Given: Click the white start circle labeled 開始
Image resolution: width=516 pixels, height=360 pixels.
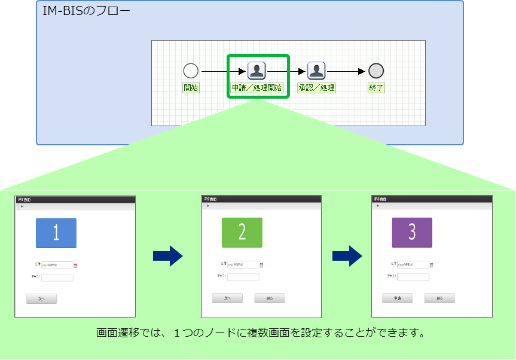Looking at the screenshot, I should pos(191,71).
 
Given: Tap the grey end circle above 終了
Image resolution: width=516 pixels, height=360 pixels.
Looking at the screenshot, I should pos(375,71).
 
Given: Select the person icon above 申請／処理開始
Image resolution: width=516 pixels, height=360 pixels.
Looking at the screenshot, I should pos(257,71).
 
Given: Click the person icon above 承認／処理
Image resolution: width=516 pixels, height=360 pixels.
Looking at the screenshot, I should pos(316,71).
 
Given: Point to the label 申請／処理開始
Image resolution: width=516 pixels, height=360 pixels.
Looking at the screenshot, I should pos(257,88).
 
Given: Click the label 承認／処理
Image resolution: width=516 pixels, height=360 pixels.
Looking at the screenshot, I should pos(316,88).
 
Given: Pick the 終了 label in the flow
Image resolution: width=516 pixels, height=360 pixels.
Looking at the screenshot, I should pos(376,88).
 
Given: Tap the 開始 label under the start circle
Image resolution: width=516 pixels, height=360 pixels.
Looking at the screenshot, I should pos(191,88).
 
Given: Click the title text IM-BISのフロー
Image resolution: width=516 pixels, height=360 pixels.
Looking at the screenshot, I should pos(87,12).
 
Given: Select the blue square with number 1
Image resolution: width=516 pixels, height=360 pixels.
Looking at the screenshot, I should pos(56,233).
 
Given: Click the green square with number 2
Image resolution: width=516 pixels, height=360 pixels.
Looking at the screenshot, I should pos(242,233).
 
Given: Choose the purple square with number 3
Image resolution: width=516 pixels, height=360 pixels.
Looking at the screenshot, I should pos(412,232).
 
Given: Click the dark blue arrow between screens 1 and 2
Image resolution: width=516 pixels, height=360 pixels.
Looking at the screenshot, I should pos(167,256).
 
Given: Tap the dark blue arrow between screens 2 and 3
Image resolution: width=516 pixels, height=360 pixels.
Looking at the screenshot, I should pos(347,256).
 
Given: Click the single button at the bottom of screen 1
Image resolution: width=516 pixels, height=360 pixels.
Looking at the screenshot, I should pos(41,298).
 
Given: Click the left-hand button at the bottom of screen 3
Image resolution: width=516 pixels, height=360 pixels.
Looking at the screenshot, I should pos(397,298).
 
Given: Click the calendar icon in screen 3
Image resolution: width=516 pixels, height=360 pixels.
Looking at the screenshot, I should pos(432,265).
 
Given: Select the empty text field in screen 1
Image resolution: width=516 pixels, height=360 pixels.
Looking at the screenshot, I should pos(57,277).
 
